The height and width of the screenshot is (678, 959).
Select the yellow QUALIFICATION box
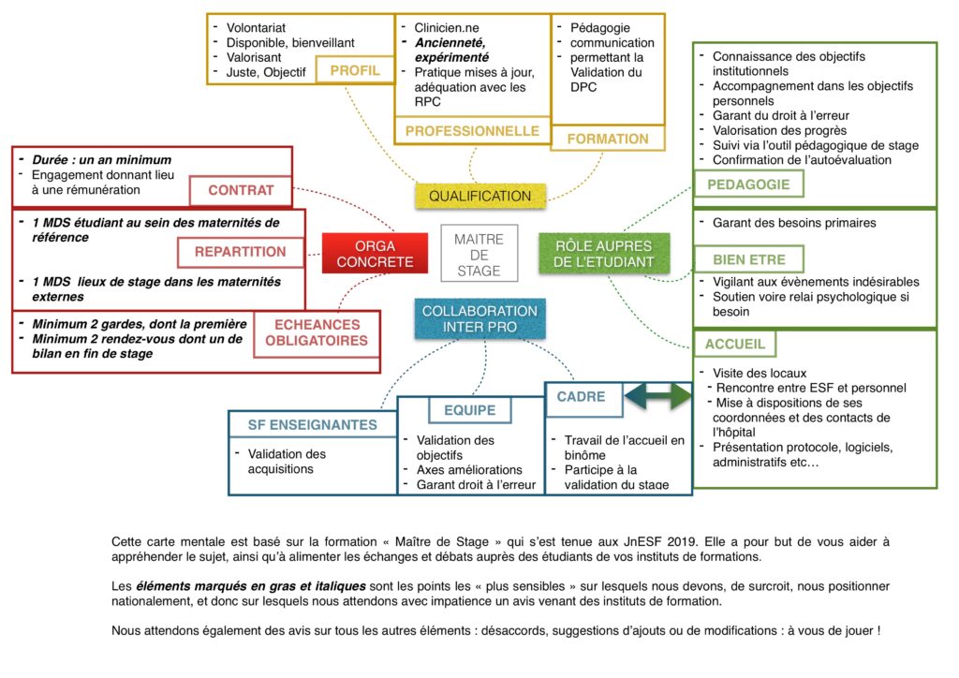(x=480, y=196)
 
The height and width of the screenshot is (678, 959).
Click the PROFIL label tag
(x=354, y=70)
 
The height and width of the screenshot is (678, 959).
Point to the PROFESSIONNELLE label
(x=472, y=131)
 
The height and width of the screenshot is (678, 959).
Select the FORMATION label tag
(x=608, y=139)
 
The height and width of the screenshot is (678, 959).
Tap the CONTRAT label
(x=241, y=190)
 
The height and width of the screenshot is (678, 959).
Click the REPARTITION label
(x=241, y=252)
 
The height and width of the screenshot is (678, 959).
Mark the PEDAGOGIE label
(x=748, y=184)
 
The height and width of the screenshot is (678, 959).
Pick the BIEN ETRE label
(x=748, y=259)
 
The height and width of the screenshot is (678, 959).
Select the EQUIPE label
(x=469, y=410)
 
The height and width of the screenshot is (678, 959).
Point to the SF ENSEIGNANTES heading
(x=313, y=425)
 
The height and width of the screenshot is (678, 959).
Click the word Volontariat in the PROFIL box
(x=256, y=27)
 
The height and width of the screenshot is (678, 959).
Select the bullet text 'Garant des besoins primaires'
(x=794, y=223)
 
